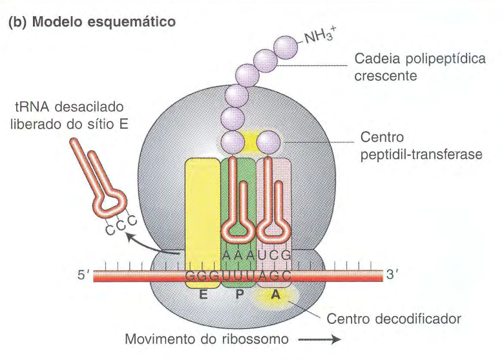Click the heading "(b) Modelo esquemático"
(92, 21)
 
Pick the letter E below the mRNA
(202, 294)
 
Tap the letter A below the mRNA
(275, 294)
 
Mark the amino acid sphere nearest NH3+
(286, 47)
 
